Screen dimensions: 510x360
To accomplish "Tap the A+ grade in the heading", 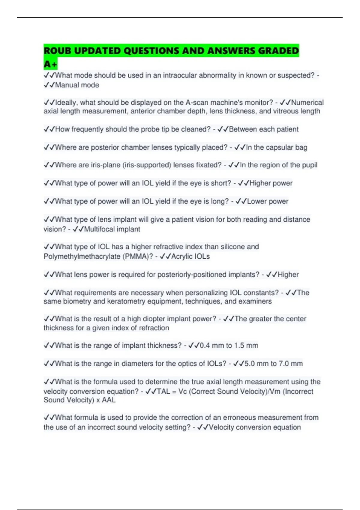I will pyautogui.click(x=50, y=64).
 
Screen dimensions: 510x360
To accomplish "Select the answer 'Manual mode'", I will pyautogui.click(x=77, y=85).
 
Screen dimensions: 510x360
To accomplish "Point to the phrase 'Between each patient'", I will pyautogui.click(x=264, y=129).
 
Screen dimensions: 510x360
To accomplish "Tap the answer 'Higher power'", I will pyautogui.click(x=271, y=183).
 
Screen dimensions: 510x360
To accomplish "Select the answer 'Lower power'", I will pyautogui.click(x=268, y=201).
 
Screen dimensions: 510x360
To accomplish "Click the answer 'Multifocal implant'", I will pyautogui.click(x=112, y=229).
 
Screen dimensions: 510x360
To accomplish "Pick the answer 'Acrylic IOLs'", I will pyautogui.click(x=190, y=256).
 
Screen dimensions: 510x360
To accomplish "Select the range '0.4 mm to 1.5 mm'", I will pyautogui.click(x=229, y=346).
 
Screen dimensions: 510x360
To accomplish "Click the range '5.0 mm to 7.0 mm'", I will pyautogui.click(x=274, y=364).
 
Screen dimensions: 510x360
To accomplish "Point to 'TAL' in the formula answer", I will pyautogui.click(x=163, y=391).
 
